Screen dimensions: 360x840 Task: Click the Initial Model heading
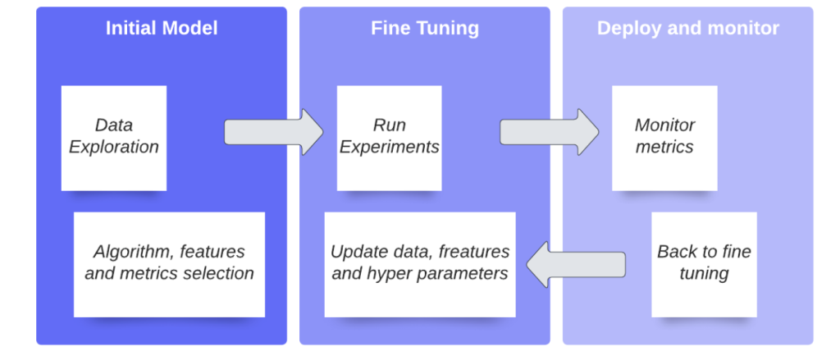click(x=162, y=28)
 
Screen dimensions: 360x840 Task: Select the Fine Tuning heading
click(x=424, y=28)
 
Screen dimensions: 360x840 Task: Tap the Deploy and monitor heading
click(x=687, y=28)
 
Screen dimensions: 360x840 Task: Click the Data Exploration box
click(x=114, y=137)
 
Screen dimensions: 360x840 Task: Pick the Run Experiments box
click(x=390, y=137)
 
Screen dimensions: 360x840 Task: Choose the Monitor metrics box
click(x=664, y=137)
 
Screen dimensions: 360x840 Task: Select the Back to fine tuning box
click(x=704, y=263)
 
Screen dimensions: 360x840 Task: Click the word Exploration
click(x=114, y=148)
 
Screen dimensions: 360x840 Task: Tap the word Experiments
click(x=390, y=148)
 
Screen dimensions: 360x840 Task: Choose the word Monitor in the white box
click(x=664, y=125)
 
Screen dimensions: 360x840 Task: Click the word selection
click(x=218, y=273)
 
